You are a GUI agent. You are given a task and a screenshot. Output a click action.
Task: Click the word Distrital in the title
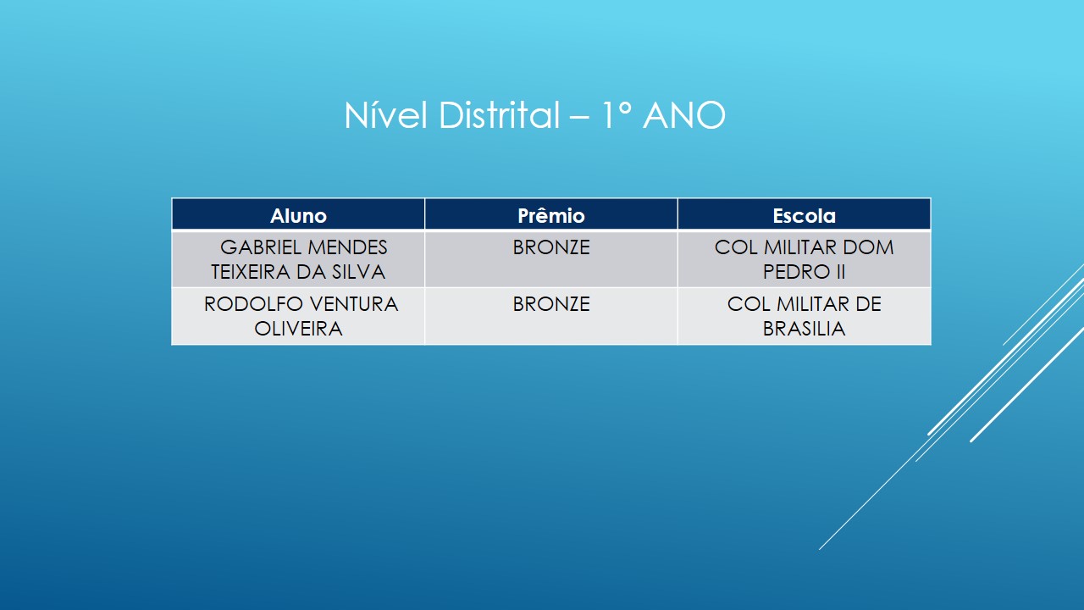499,115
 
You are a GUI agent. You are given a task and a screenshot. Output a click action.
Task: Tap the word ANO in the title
683,115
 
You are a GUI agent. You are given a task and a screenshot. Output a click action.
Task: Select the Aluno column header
298,216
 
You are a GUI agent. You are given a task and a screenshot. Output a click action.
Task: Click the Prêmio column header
550,216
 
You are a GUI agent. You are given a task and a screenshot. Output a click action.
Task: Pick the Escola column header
804,216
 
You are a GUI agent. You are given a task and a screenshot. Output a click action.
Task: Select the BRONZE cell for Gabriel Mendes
550,248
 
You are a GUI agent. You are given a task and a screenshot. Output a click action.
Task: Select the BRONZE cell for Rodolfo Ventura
550,304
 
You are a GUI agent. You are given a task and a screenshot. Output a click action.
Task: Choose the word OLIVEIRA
298,329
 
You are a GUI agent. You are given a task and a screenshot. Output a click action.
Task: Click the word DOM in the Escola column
870,247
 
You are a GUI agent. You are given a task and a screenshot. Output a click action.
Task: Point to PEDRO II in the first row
804,272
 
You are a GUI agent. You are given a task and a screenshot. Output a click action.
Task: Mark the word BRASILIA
804,329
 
